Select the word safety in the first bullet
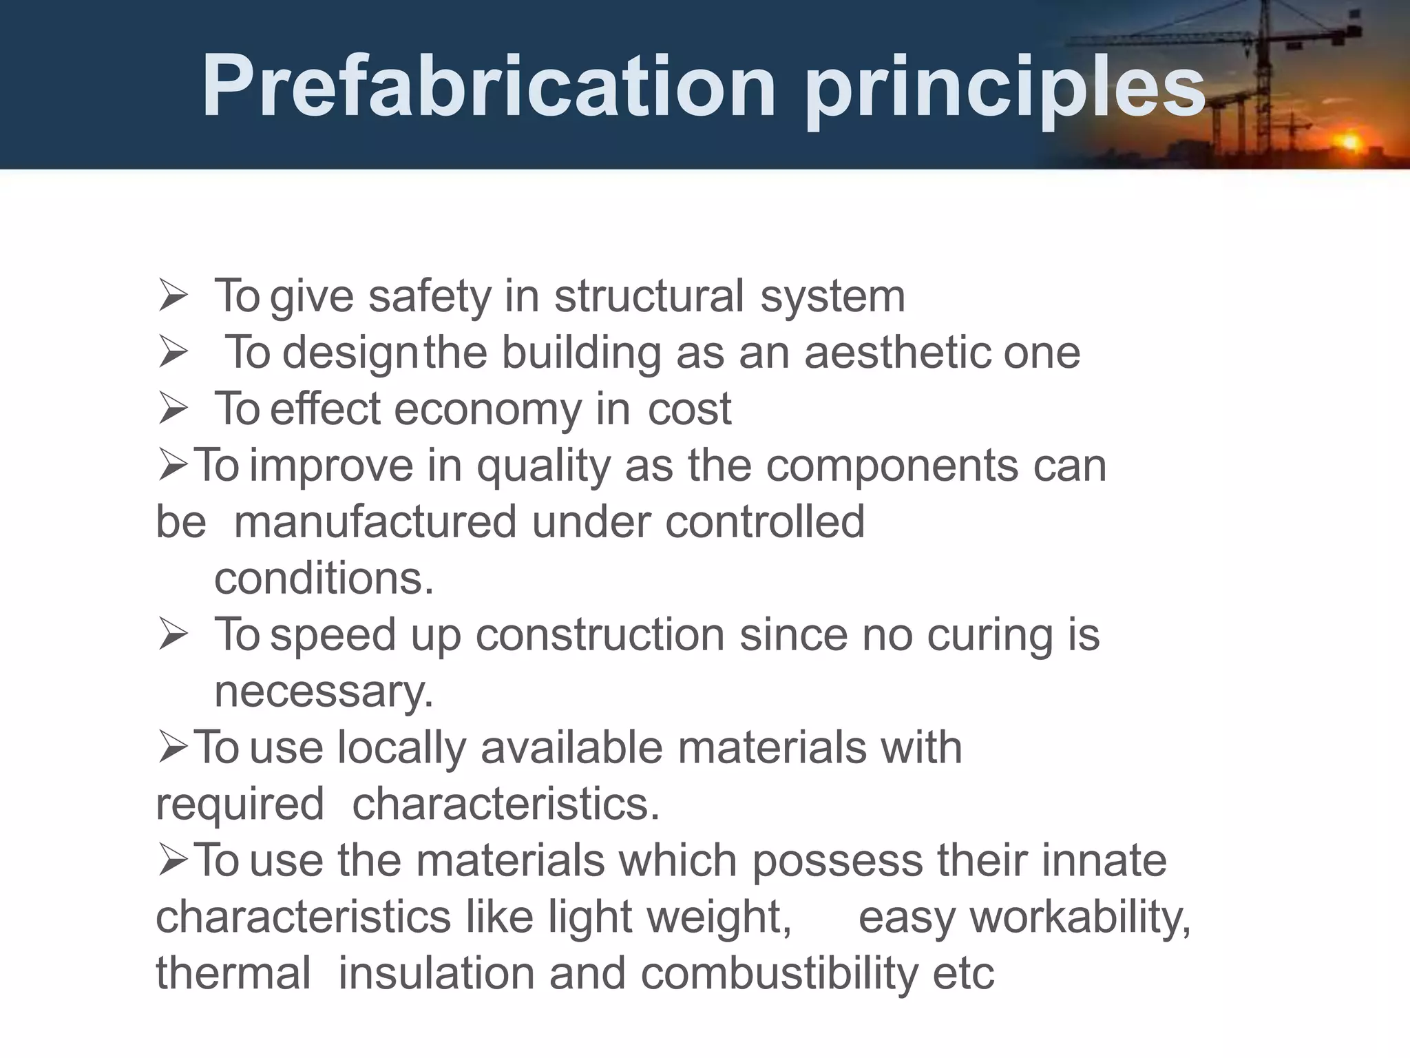point(430,296)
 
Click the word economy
point(488,409)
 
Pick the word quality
point(544,466)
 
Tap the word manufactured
point(375,521)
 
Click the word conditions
point(324,578)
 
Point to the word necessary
point(324,692)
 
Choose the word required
point(240,805)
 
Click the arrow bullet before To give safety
point(173,296)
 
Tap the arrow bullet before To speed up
point(173,634)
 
